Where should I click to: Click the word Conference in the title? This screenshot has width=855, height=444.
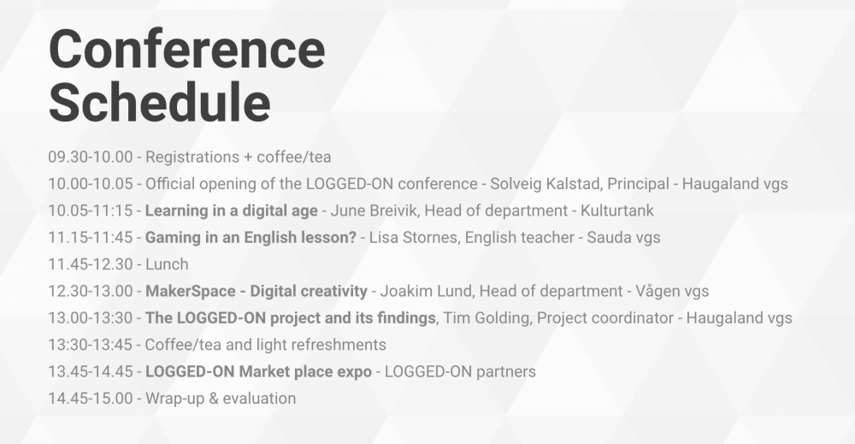(x=187, y=50)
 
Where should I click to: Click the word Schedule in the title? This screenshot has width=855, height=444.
(x=160, y=102)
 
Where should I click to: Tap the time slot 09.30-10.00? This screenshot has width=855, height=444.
(x=91, y=157)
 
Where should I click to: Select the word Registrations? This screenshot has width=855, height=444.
(x=192, y=157)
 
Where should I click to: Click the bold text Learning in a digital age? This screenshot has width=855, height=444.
(x=231, y=211)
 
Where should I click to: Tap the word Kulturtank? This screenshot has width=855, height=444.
(x=616, y=210)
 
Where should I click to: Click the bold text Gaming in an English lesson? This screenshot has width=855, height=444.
(x=251, y=238)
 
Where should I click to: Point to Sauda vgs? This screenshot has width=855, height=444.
(x=623, y=238)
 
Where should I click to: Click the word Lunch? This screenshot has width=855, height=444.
(x=167, y=264)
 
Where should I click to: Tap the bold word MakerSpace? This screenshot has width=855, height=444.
(x=191, y=291)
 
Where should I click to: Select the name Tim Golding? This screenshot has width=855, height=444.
(x=486, y=318)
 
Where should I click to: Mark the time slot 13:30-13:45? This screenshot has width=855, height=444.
(x=91, y=345)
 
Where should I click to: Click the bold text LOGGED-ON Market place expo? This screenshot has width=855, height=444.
(x=258, y=372)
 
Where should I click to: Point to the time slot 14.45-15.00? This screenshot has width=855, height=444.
(x=91, y=398)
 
